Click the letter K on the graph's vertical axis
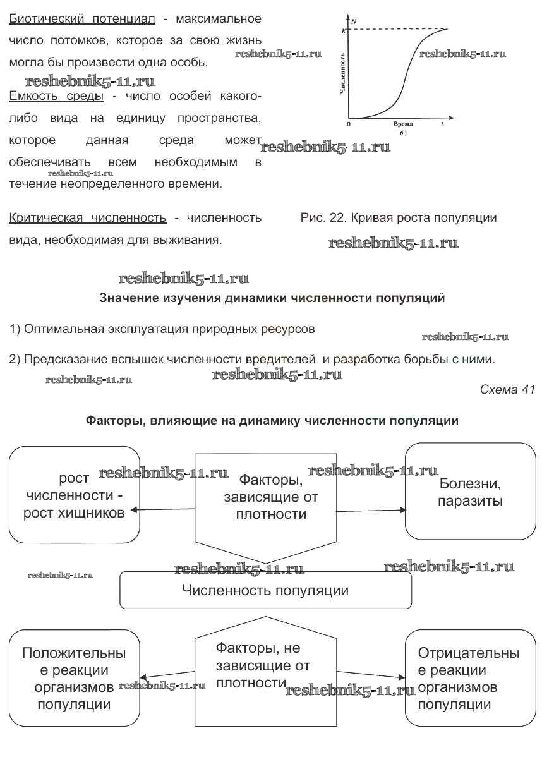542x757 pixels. click(x=343, y=30)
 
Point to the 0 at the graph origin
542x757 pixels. click(x=349, y=124)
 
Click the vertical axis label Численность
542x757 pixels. click(x=342, y=73)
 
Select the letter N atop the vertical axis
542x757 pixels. click(x=354, y=21)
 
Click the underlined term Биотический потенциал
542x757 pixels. click(x=82, y=18)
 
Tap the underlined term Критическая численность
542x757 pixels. click(x=88, y=218)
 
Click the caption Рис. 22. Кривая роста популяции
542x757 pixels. click(x=399, y=218)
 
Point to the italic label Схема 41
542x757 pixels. click(x=507, y=389)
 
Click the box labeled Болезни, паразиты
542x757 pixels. click(x=471, y=491)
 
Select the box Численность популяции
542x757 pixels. click(x=265, y=591)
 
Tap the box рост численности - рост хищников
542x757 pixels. click(x=74, y=495)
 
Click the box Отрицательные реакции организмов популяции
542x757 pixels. click(x=469, y=677)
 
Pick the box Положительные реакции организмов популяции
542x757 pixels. click(x=74, y=677)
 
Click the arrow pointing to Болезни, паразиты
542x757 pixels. click(x=373, y=509)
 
